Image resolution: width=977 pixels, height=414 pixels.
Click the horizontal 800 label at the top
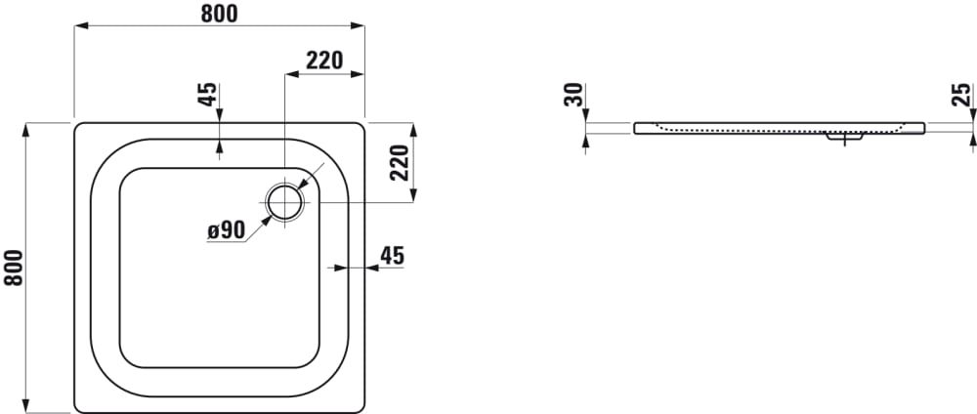[219, 13]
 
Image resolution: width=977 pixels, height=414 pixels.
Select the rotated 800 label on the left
[13, 268]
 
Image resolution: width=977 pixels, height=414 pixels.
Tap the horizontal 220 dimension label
[324, 61]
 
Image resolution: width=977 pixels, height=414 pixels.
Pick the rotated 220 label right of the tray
[399, 162]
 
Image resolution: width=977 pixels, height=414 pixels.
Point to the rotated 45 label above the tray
[208, 94]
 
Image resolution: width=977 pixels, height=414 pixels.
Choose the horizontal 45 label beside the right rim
[393, 255]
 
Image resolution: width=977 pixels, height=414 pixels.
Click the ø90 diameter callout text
[227, 231]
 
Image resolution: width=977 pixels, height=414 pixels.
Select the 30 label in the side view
[573, 95]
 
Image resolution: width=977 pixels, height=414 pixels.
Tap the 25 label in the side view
[962, 95]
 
